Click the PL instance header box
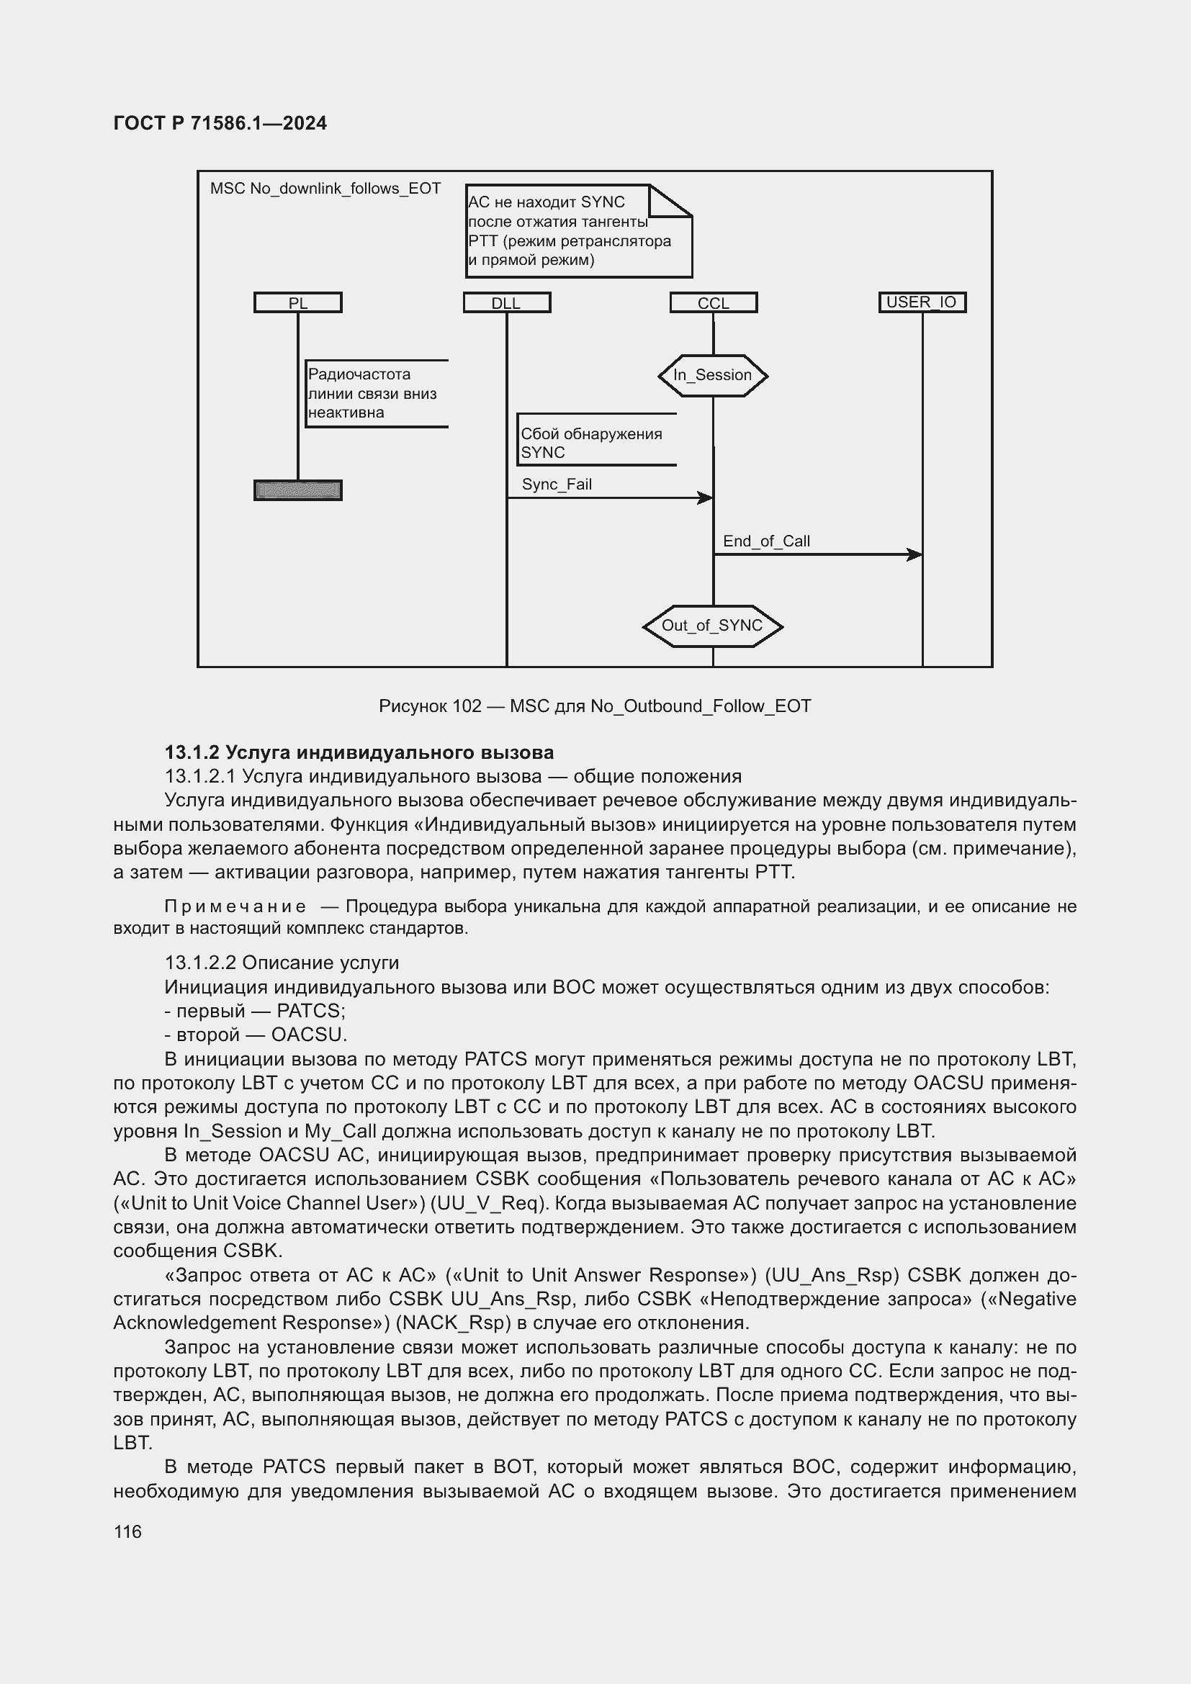298,303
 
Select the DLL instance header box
507,303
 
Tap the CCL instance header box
714,303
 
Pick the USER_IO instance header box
922,302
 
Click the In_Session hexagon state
713,376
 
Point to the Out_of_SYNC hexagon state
712,626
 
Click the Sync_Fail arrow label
557,484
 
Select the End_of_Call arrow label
766,541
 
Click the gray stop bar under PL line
298,490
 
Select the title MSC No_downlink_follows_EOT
325,189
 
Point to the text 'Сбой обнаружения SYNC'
591,443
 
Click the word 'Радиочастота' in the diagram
359,374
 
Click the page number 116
127,1531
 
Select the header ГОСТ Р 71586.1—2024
220,123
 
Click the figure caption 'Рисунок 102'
430,706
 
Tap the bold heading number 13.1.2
192,752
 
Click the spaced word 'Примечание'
235,906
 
